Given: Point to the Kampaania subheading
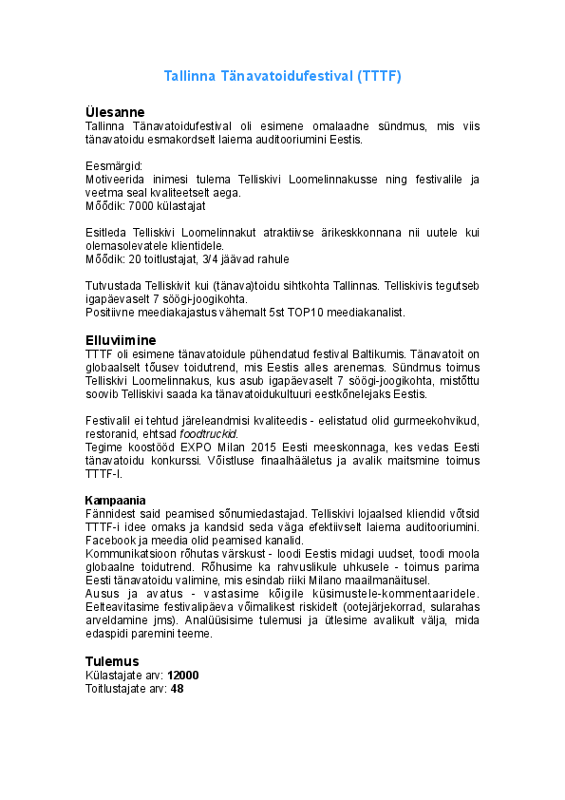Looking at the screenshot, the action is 115,500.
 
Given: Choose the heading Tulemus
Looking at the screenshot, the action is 112,660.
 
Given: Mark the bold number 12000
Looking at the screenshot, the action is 182,675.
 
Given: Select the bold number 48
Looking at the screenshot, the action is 177,688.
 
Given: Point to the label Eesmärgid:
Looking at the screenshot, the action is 113,165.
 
